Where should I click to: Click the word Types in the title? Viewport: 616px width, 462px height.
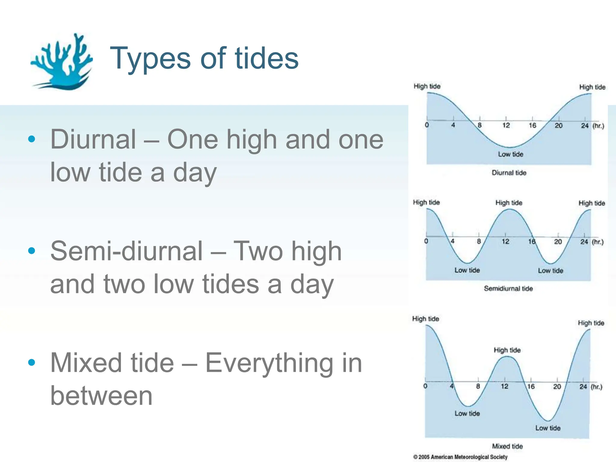[150, 59]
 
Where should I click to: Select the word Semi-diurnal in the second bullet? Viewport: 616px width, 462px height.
[127, 251]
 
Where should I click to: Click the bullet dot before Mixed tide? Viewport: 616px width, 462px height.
[32, 362]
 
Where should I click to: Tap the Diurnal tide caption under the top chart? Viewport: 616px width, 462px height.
[509, 173]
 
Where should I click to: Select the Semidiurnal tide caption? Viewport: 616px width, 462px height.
[508, 288]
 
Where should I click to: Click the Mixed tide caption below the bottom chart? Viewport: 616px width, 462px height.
[507, 446]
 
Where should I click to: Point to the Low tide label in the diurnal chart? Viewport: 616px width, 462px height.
[511, 154]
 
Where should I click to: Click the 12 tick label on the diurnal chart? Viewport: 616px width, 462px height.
[506, 125]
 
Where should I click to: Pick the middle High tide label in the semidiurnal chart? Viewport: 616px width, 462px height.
[509, 203]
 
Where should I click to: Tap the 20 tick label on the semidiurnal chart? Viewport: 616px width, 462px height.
[558, 242]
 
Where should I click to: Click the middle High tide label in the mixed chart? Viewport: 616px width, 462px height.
[507, 350]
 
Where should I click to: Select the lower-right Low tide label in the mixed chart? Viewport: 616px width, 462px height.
[548, 428]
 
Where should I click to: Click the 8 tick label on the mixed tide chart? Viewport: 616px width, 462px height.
[478, 386]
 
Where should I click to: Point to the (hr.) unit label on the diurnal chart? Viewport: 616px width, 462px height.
[598, 126]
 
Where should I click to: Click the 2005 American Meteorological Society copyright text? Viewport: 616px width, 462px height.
[460, 457]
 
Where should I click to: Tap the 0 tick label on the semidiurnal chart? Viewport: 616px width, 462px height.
[426, 241]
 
